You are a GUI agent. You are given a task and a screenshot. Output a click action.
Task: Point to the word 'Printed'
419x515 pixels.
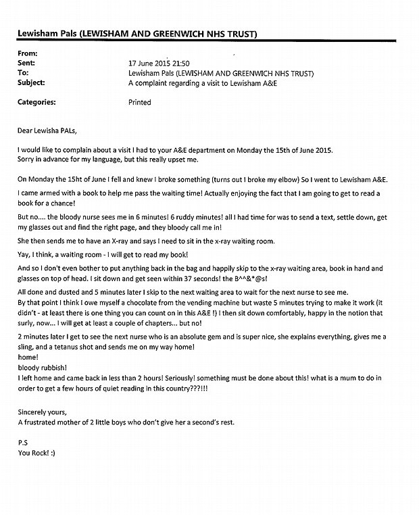[x=140, y=103]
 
